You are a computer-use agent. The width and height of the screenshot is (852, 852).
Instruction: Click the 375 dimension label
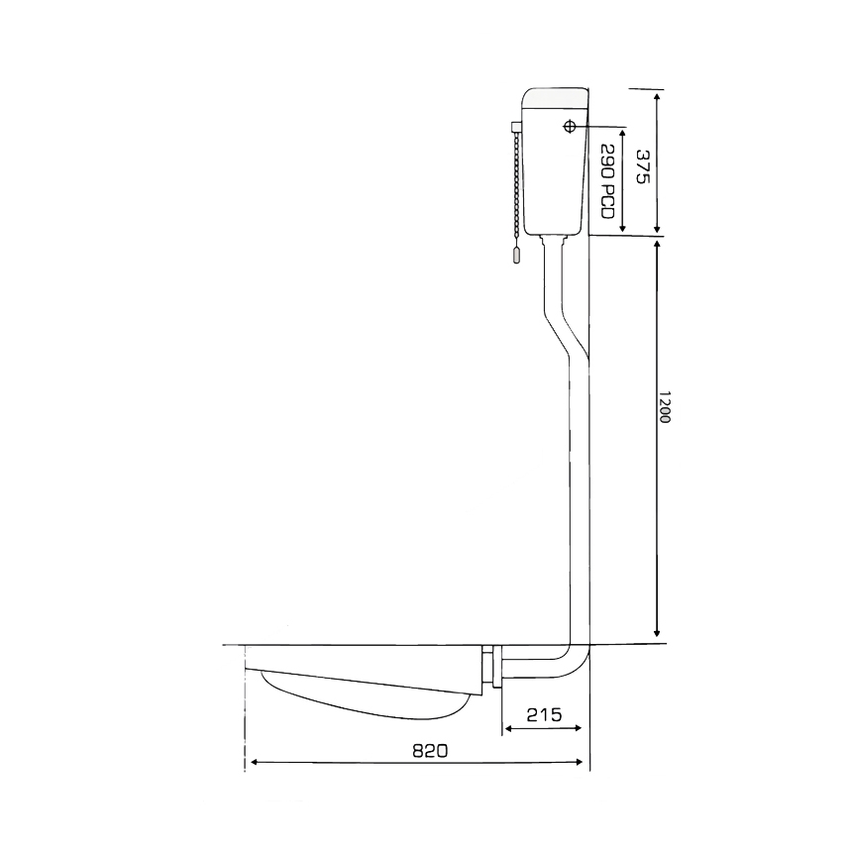click(642, 166)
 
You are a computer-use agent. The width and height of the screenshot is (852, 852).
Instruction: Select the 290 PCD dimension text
click(607, 181)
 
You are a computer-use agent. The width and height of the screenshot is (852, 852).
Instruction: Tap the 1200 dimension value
click(665, 406)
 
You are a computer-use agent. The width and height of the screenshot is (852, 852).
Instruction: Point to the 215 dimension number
click(544, 714)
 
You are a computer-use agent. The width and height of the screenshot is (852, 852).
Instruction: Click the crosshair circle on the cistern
click(569, 127)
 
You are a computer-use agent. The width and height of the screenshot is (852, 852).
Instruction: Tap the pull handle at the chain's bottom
click(517, 255)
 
